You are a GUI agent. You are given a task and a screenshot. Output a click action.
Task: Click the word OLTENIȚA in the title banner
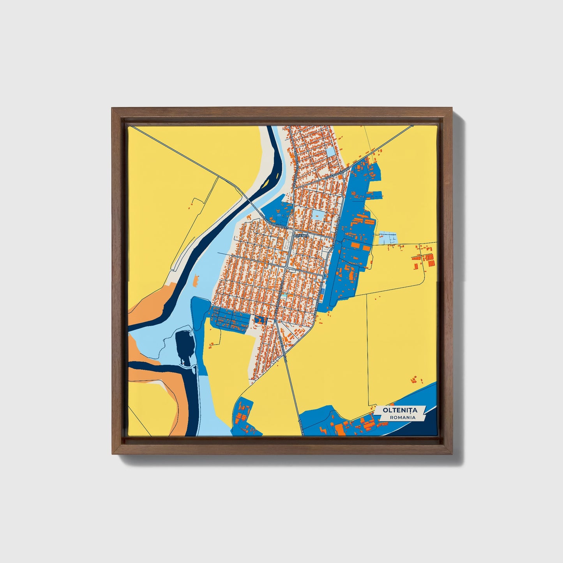(400, 410)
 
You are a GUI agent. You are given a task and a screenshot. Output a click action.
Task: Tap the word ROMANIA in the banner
(402, 417)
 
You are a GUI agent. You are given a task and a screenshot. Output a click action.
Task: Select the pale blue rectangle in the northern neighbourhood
(331, 152)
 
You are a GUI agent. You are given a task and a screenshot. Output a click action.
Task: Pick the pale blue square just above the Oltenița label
(318, 215)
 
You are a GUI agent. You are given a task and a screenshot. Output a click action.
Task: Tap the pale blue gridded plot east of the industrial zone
(388, 238)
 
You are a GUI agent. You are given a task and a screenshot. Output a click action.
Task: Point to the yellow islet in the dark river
(267, 181)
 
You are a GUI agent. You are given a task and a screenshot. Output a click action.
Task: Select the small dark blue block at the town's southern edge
(259, 319)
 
